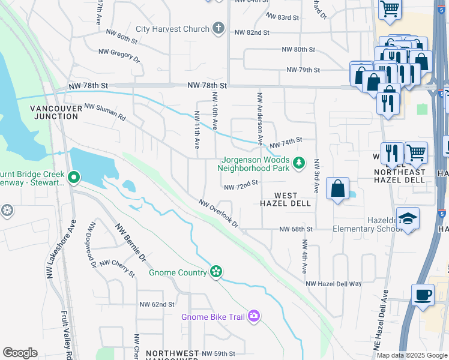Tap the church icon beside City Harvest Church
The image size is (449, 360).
[218, 28]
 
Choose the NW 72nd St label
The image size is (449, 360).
[241, 187]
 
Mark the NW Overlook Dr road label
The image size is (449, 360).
[218, 214]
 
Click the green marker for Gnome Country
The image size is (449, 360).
[216, 272]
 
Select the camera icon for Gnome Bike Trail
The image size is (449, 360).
[254, 316]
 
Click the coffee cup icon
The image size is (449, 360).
[423, 295]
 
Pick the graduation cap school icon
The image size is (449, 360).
[408, 218]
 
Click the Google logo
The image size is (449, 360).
[20, 353]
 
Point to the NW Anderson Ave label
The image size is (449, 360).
[260, 118]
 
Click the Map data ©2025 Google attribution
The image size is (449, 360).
[412, 355]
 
